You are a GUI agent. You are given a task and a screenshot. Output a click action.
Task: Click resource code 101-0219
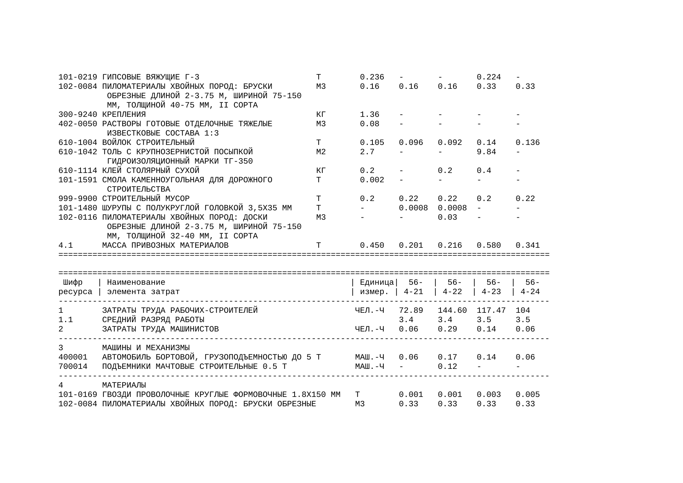click(78, 77)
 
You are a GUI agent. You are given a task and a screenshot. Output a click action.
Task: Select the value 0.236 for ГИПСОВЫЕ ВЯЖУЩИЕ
click(372, 77)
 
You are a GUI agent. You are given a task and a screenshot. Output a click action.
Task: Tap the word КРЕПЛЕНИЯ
click(124, 115)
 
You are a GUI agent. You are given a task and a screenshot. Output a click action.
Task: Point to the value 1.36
click(369, 115)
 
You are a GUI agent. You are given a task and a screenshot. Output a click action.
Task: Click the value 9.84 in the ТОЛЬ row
click(486, 152)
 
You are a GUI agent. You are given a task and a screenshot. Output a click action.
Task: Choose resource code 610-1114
click(78, 171)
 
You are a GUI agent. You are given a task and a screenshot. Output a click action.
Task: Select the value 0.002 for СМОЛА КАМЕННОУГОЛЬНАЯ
click(372, 180)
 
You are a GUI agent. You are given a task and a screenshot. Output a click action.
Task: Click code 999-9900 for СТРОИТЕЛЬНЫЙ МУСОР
click(78, 199)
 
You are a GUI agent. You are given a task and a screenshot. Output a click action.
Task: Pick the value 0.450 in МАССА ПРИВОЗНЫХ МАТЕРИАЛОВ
click(372, 245)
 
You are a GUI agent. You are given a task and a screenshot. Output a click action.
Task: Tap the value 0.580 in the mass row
click(488, 245)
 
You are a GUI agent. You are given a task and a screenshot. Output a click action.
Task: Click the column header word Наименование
click(136, 282)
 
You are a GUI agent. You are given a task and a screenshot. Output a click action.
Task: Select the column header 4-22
click(452, 292)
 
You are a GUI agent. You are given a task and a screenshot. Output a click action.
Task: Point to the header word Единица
click(377, 282)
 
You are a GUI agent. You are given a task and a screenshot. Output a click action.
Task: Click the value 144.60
click(452, 310)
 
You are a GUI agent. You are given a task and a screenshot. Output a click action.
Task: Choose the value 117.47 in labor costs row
click(491, 310)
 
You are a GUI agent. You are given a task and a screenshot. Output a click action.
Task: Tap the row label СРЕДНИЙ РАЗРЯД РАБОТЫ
click(153, 320)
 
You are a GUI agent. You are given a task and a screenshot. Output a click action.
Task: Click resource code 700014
click(73, 367)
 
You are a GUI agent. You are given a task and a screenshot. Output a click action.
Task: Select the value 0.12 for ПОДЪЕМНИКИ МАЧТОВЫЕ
click(447, 367)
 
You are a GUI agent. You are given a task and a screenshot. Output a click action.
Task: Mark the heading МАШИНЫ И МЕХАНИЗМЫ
click(146, 348)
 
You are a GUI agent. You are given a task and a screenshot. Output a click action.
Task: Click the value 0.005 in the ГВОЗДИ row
click(527, 395)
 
